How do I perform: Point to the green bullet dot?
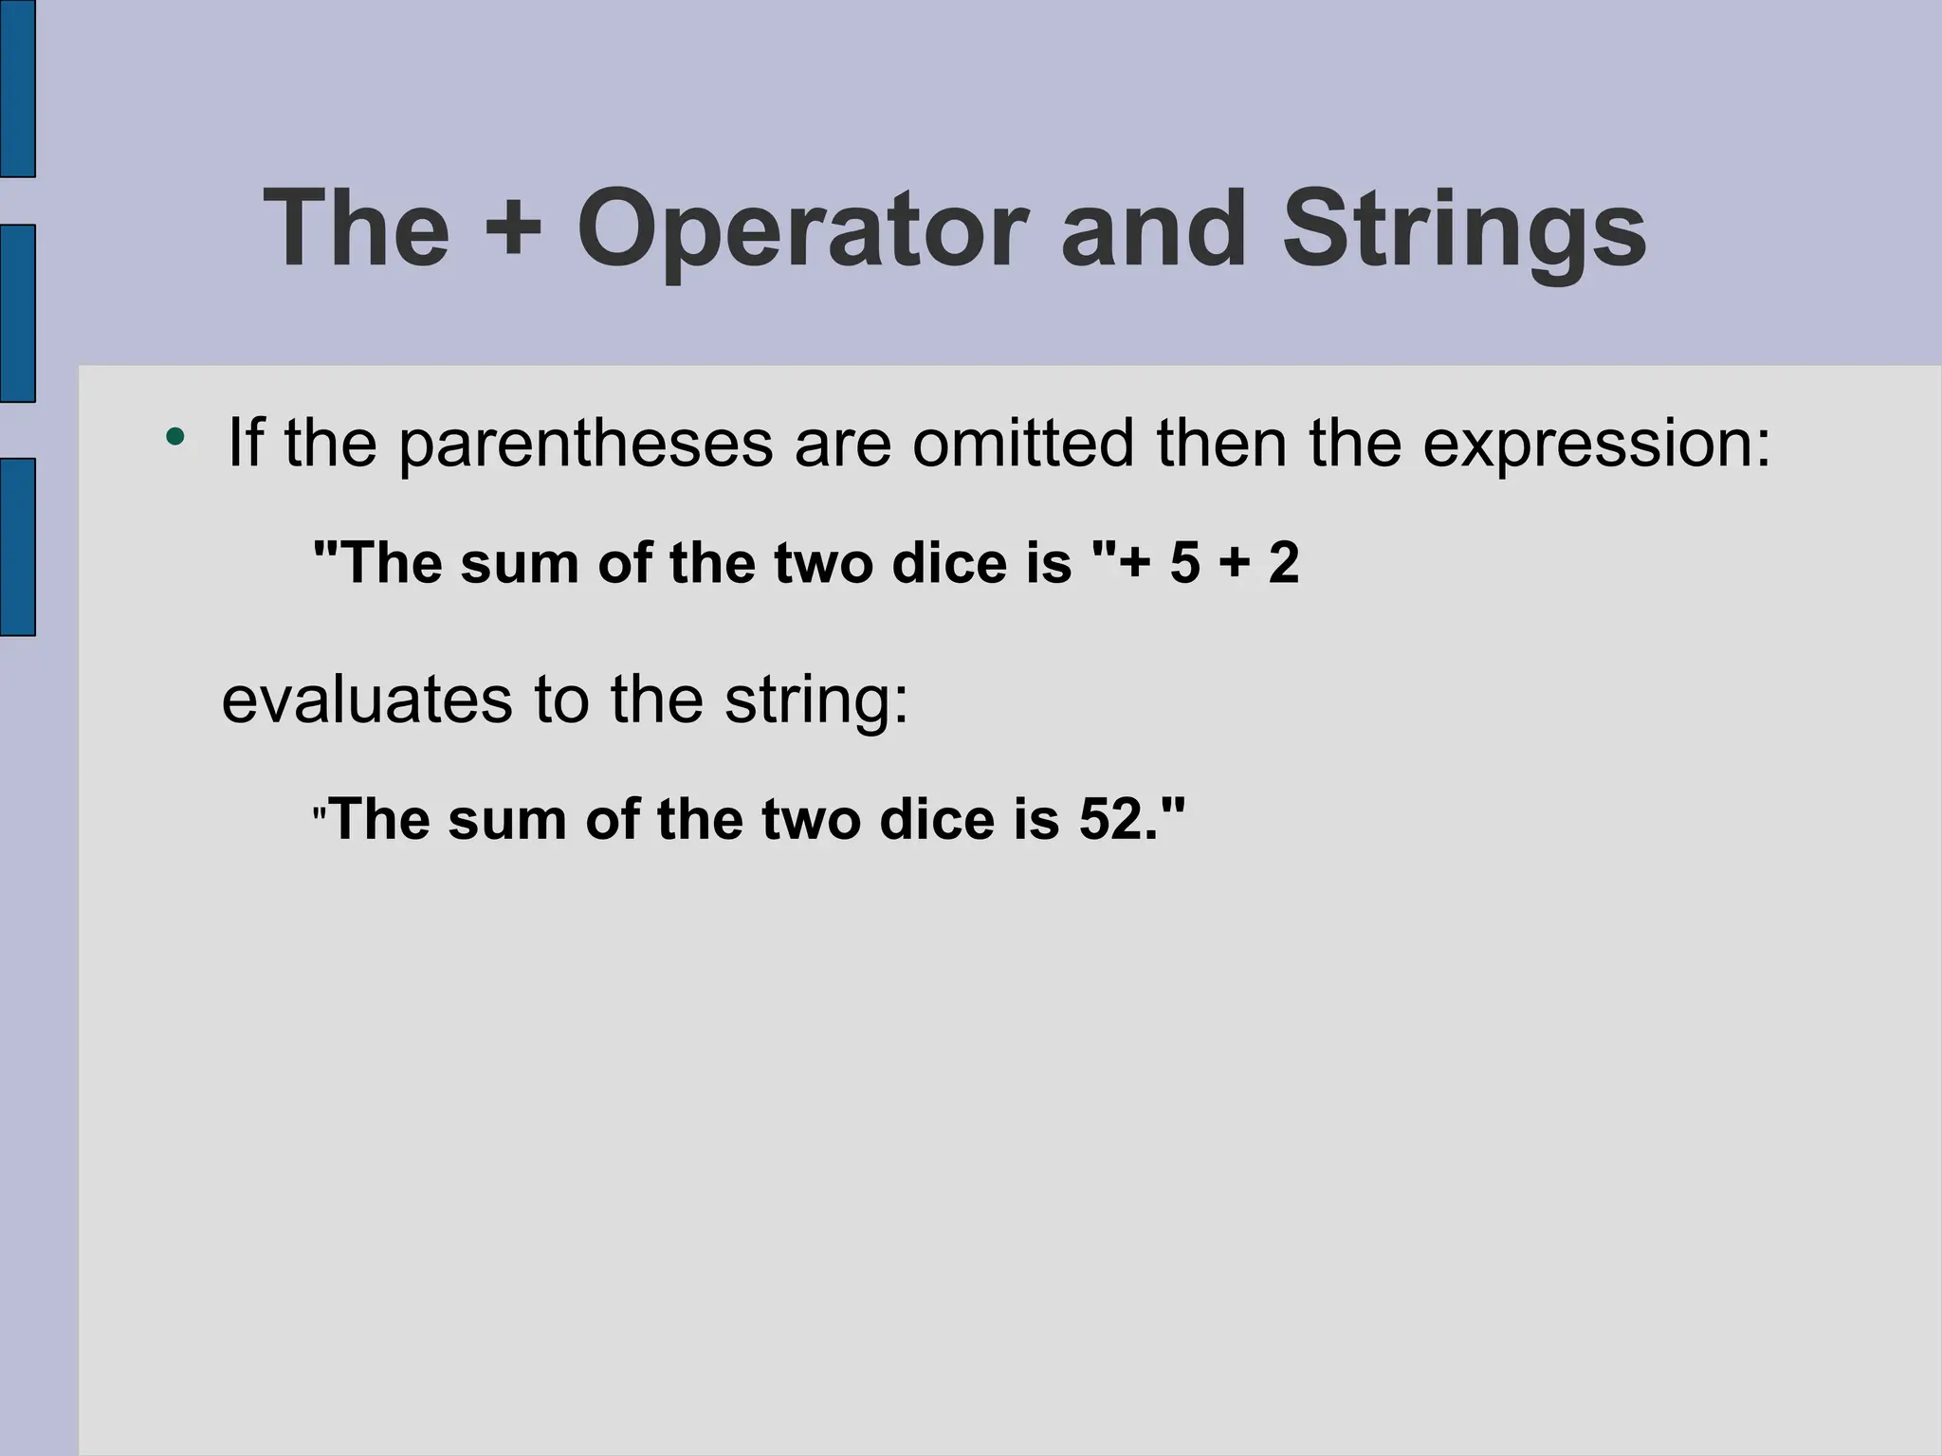[174, 437]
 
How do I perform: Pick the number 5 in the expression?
[1185, 563]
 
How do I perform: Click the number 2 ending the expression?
[1283, 563]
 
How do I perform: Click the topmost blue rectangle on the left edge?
[17, 88]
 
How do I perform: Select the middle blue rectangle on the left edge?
[17, 314]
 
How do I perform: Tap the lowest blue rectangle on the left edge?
[17, 547]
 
